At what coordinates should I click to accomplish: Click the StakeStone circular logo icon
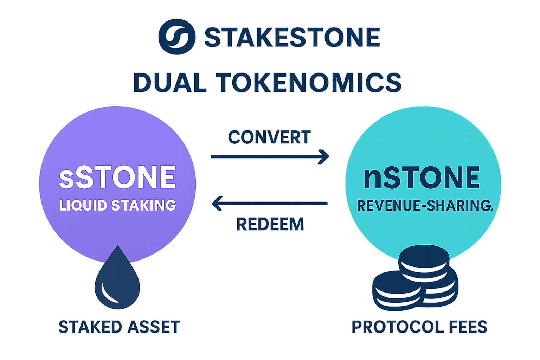(177, 37)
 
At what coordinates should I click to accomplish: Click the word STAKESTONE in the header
(292, 37)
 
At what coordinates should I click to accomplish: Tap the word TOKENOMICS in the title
(308, 83)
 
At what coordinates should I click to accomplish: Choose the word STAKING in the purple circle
(144, 205)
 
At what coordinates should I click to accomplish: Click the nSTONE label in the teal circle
(422, 178)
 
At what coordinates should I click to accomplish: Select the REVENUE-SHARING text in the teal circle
(425, 206)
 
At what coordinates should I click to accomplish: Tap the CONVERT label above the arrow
(270, 137)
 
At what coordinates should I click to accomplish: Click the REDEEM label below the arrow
(270, 224)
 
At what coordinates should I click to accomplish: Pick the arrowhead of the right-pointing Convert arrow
(324, 156)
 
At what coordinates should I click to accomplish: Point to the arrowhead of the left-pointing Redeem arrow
(216, 204)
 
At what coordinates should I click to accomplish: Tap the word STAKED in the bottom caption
(90, 327)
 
